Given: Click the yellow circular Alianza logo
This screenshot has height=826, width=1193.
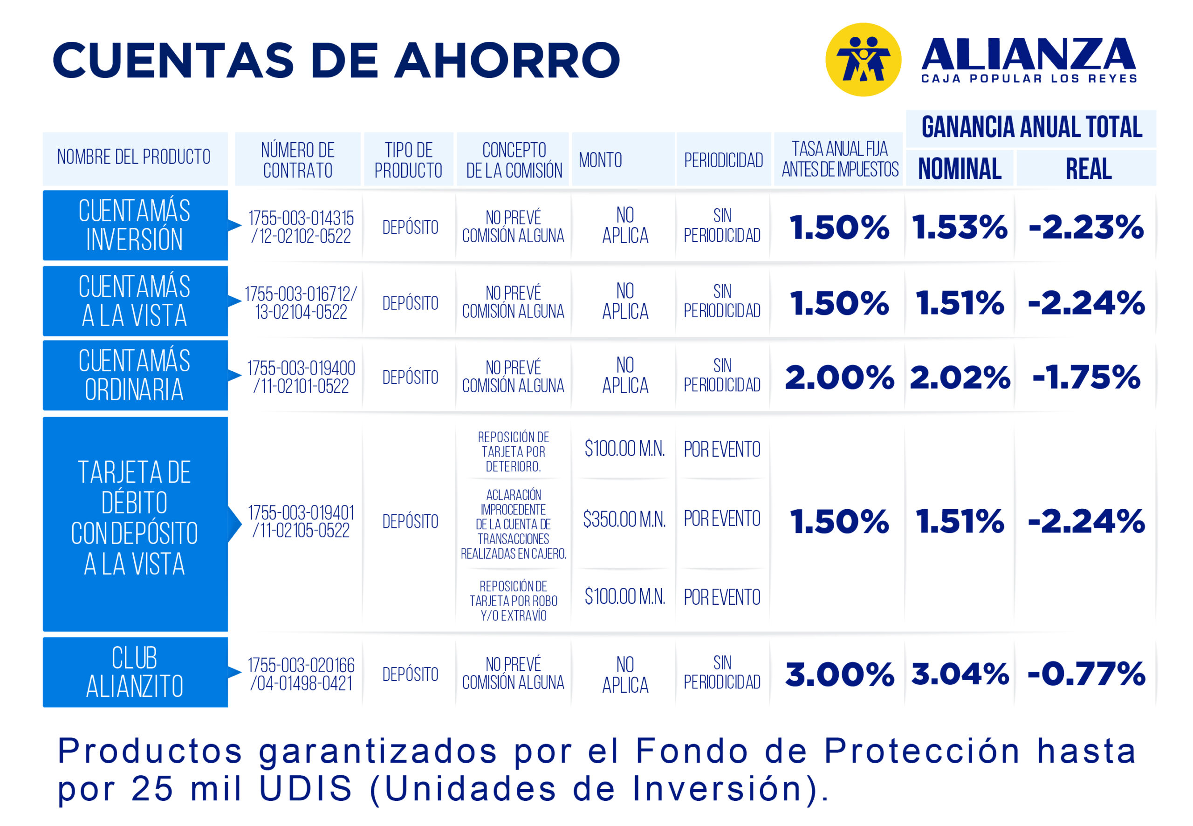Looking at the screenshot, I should [863, 60].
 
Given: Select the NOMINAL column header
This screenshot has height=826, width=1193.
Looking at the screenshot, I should [959, 168].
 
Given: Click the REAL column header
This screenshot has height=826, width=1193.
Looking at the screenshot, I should [1088, 168].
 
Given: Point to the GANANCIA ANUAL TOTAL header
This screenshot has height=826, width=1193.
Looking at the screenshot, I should [1031, 127].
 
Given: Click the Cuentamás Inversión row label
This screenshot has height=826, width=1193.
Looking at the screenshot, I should [135, 225].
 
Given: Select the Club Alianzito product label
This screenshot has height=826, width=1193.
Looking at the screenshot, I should [135, 672].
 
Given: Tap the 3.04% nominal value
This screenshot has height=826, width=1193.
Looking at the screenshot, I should [960, 674].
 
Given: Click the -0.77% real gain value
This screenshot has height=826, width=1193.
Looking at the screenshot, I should [1086, 674].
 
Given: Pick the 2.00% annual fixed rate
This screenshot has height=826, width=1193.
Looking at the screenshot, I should [839, 377].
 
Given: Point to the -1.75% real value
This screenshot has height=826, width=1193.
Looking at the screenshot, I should [1086, 377].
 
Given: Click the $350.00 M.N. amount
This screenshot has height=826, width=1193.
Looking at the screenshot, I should [624, 519].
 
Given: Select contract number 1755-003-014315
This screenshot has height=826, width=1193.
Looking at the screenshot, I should [301, 218].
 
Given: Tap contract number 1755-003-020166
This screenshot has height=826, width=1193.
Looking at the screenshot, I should [301, 665].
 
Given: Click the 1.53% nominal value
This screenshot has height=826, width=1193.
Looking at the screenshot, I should [960, 227].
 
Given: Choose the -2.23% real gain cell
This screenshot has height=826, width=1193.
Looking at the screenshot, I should [1086, 227].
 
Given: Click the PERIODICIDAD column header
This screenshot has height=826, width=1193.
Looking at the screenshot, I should [723, 160].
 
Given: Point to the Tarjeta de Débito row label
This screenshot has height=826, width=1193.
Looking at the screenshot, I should [135, 518].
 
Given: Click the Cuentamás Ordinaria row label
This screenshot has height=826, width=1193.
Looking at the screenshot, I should [135, 375].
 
